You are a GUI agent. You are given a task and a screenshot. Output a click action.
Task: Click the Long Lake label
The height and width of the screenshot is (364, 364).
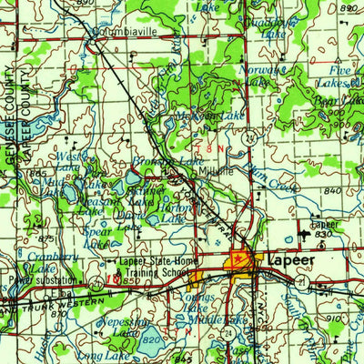coord(99,356)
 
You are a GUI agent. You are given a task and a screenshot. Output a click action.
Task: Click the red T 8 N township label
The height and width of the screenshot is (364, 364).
coord(206,146)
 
